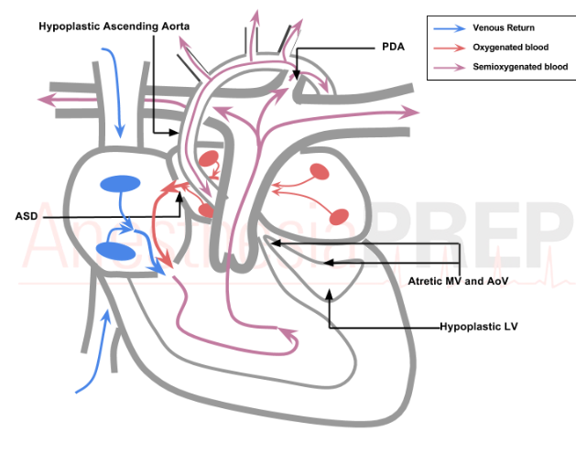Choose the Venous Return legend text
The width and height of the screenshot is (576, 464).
504,28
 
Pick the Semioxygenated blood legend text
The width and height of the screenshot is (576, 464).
520,67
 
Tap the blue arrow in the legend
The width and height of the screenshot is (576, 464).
448,28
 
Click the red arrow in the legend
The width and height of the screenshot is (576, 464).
448,48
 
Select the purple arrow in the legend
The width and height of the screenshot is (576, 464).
448,67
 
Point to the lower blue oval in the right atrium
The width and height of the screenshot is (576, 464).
116,250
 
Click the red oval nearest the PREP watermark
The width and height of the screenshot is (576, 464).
339,217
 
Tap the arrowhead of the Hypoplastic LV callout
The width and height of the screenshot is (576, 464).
329,296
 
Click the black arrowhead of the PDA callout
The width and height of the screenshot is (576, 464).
298,76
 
